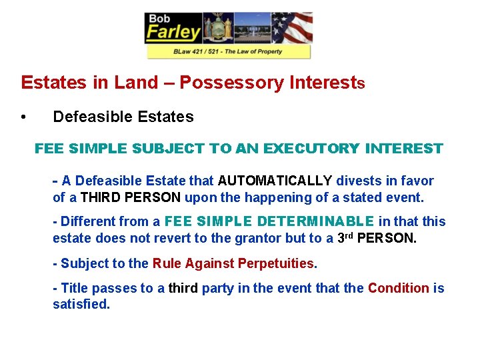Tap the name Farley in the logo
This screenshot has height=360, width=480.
pyautogui.click(x=173, y=31)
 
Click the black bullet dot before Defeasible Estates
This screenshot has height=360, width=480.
pyautogui.click(x=23, y=117)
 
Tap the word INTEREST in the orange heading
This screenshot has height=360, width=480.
pyautogui.click(x=404, y=149)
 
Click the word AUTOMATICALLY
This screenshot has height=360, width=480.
pyautogui.click(x=275, y=181)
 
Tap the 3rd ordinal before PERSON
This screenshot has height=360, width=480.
pyautogui.click(x=343, y=237)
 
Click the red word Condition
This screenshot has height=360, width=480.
pyautogui.click(x=398, y=288)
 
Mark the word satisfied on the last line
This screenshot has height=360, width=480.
pyautogui.click(x=81, y=305)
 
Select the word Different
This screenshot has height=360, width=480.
pyautogui.click(x=89, y=221)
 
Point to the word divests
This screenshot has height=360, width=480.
pyautogui.click(x=360, y=181)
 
